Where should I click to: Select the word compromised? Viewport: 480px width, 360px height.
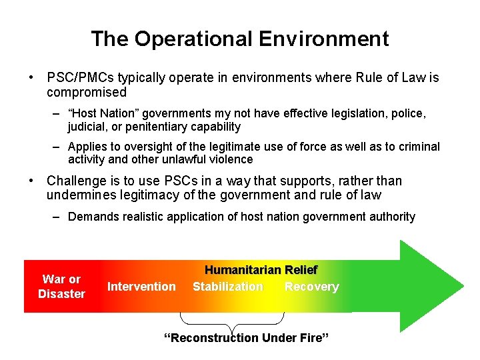(x=87, y=92)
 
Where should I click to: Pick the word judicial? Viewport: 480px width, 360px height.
(x=87, y=127)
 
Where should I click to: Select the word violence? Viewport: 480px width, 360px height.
(x=230, y=159)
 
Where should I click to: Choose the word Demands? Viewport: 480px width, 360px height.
(x=91, y=217)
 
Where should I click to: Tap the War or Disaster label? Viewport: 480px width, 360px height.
(x=61, y=287)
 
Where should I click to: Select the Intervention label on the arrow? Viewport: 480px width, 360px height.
(x=141, y=287)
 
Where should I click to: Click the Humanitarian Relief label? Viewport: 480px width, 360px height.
(x=261, y=270)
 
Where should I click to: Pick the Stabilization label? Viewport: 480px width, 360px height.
(x=228, y=287)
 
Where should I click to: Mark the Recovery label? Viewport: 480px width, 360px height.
(x=311, y=287)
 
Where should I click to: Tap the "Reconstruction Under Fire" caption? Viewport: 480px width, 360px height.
(x=247, y=338)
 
